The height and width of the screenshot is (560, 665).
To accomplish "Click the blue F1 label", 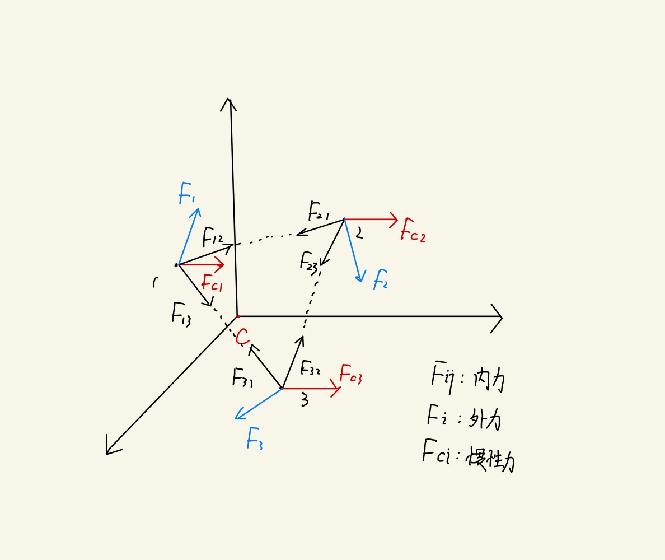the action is [x=186, y=194].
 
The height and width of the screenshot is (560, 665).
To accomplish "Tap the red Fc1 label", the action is [x=212, y=283].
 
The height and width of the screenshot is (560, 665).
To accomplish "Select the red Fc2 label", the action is [x=413, y=232].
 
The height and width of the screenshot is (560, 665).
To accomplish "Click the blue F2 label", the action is [x=381, y=278].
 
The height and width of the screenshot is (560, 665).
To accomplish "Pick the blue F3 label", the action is [x=254, y=438].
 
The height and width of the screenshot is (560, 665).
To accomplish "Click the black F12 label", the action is [x=213, y=237].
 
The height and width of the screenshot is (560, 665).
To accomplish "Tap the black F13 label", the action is [x=181, y=314].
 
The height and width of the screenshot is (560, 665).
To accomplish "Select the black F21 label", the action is [x=319, y=212].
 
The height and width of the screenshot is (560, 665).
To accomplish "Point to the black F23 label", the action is [x=309, y=261].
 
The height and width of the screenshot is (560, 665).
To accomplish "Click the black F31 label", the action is [x=242, y=377].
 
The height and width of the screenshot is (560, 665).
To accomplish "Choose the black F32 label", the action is [x=311, y=367].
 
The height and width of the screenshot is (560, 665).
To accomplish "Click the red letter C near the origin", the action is [x=242, y=337].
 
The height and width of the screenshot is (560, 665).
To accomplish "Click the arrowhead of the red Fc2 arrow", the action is [x=395, y=220].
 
